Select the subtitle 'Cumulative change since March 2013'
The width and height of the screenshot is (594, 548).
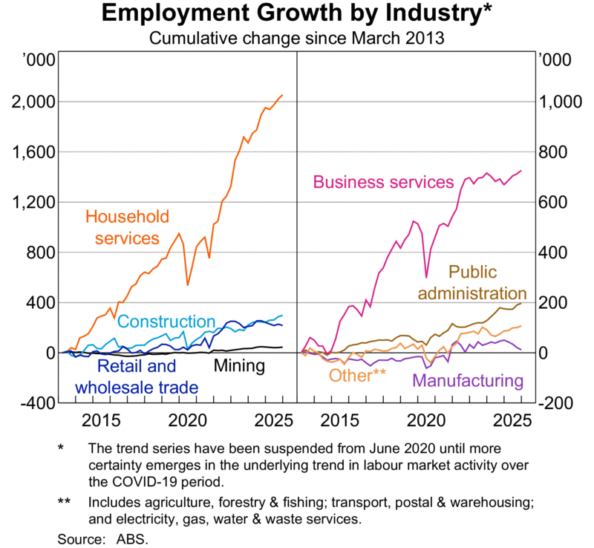coord(297,38)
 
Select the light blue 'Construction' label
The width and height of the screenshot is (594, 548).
coord(166,322)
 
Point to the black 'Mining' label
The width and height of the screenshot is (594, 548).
coord(239,365)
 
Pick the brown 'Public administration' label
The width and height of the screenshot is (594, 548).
coord(471,283)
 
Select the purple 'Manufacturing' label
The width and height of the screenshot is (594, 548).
coord(467,381)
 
